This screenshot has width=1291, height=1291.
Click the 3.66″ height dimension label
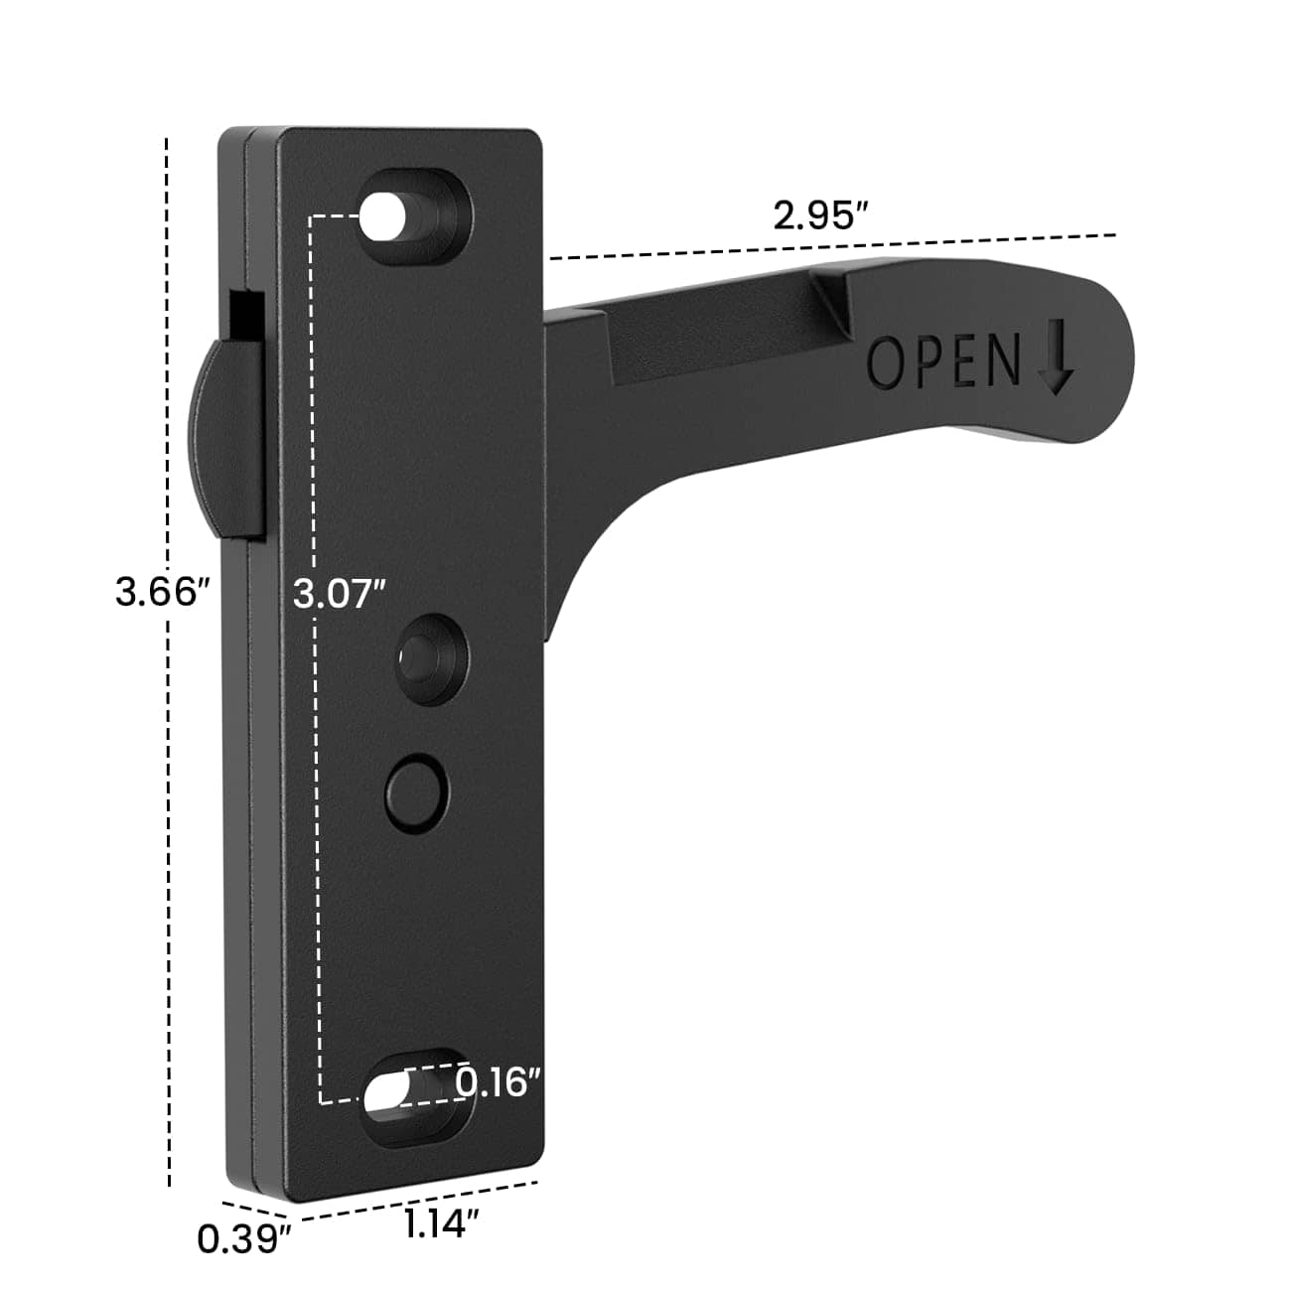click(162, 593)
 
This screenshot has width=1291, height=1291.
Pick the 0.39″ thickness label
click(243, 1238)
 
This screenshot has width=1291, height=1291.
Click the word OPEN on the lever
click(943, 361)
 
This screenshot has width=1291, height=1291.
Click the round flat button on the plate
click(416, 791)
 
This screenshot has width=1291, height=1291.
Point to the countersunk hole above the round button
click(430, 655)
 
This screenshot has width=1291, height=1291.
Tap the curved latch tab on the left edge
click(225, 438)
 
